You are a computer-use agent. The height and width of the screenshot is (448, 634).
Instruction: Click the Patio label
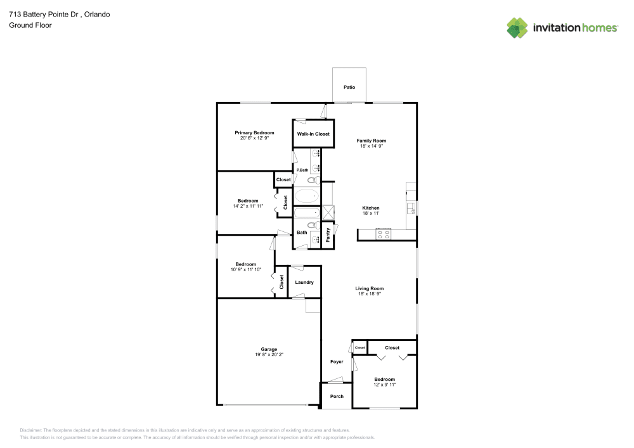pyautogui.click(x=349, y=87)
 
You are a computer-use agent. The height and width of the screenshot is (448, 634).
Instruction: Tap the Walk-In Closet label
pyautogui.click(x=313, y=134)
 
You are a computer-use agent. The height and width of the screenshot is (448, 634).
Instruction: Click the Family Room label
pyautogui.click(x=371, y=141)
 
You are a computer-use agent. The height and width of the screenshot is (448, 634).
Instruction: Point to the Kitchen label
pyautogui.click(x=371, y=208)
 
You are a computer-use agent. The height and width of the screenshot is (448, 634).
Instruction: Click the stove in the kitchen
pyautogui.click(x=384, y=234)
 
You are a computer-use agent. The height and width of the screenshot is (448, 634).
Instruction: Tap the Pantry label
pyautogui.click(x=328, y=234)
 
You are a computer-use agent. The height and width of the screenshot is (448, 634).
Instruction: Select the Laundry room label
pyautogui.click(x=304, y=282)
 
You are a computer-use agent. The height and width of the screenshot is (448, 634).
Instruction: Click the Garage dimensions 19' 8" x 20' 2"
pyautogui.click(x=269, y=355)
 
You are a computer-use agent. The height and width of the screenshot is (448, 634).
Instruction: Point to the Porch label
pyautogui.click(x=337, y=397)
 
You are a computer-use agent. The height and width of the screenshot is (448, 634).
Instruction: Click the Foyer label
pyautogui.click(x=337, y=362)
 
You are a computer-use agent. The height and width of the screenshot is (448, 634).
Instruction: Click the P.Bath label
pyautogui.click(x=302, y=170)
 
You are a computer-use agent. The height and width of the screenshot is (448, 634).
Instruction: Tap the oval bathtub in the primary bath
pyautogui.click(x=308, y=196)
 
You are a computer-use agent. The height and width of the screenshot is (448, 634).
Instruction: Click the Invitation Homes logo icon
pyautogui.click(x=517, y=27)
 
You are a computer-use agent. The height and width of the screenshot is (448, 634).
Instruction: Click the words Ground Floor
pyautogui.click(x=30, y=25)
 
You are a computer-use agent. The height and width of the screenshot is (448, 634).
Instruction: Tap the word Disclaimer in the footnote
pyautogui.click(x=30, y=430)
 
